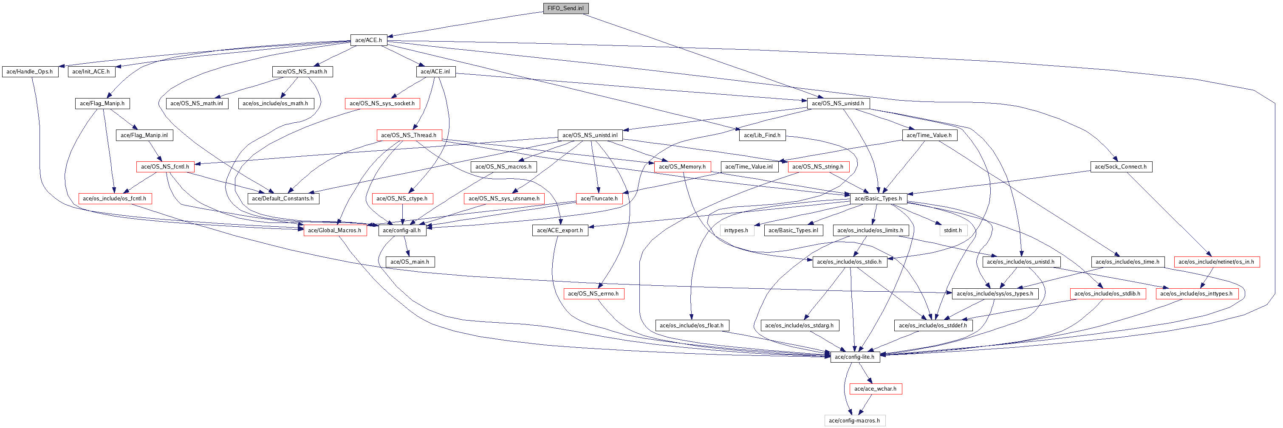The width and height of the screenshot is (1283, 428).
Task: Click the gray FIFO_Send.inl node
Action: [565, 8]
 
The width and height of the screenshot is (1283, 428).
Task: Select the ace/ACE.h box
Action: [369, 40]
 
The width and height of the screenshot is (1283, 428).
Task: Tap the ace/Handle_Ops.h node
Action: [30, 72]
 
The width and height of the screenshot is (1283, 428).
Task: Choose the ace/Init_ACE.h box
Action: [91, 72]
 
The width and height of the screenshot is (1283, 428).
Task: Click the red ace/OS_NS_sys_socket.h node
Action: [382, 104]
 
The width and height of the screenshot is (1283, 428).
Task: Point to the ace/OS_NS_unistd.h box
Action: [838, 104]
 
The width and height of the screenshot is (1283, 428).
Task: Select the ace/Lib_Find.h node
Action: [762, 135]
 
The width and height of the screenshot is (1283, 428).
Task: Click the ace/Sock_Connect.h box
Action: [1121, 167]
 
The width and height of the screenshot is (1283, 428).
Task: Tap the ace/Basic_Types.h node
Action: [878, 199]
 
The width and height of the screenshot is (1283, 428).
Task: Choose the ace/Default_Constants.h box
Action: [283, 199]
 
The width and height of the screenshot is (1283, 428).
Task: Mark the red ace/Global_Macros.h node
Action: [335, 231]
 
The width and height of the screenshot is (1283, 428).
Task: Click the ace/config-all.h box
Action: [402, 231]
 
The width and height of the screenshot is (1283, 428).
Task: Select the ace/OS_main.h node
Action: [410, 262]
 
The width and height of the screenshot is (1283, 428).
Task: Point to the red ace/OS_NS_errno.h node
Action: [593, 294]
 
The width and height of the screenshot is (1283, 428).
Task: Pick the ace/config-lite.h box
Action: [855, 357]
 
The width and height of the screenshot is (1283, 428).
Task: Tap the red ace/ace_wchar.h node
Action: [875, 389]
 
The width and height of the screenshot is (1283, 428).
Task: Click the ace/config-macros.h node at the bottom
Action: [854, 420]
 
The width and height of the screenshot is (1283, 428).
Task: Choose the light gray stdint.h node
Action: [953, 231]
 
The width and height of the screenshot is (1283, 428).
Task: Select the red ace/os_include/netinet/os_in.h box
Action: [1216, 262]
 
